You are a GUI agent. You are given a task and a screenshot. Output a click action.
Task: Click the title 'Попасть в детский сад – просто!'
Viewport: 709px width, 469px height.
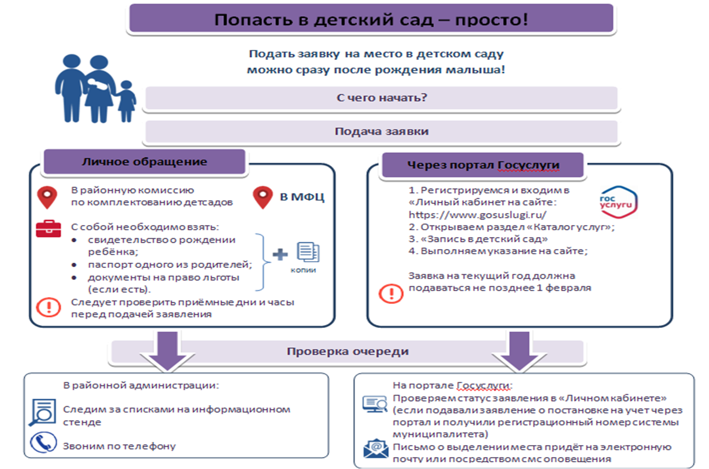click(x=370, y=20)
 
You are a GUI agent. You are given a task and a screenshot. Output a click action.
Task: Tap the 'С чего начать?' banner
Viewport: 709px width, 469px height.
click(x=381, y=98)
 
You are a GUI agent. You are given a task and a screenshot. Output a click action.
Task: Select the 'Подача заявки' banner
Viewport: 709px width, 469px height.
click(x=381, y=131)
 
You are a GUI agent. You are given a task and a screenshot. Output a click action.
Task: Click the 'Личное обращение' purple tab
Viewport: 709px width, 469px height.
click(x=144, y=162)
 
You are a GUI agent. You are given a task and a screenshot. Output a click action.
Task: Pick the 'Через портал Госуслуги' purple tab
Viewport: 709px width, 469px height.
click(x=483, y=165)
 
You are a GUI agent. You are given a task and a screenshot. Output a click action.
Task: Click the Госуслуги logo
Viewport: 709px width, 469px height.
click(x=618, y=202)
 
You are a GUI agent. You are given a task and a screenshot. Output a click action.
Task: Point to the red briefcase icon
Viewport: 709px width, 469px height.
click(x=48, y=228)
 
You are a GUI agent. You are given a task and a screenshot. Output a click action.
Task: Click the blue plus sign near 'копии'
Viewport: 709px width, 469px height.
click(x=280, y=254)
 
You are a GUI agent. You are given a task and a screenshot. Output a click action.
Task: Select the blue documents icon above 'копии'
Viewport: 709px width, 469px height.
click(x=308, y=252)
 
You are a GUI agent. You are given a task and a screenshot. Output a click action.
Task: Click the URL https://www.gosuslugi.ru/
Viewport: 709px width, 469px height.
click(x=477, y=215)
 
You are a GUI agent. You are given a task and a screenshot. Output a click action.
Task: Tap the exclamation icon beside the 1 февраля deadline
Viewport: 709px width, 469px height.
click(x=391, y=293)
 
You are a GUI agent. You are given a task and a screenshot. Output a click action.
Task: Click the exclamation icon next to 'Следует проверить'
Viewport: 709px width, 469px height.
click(x=48, y=307)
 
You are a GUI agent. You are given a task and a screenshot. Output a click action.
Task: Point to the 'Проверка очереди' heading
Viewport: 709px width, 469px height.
click(x=347, y=352)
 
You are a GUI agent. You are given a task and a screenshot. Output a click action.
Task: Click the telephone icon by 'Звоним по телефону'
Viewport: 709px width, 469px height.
click(x=43, y=443)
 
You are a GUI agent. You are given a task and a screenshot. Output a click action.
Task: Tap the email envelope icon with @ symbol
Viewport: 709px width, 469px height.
click(x=375, y=449)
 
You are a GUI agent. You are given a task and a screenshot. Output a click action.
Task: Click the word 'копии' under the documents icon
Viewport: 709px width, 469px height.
click(x=303, y=270)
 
